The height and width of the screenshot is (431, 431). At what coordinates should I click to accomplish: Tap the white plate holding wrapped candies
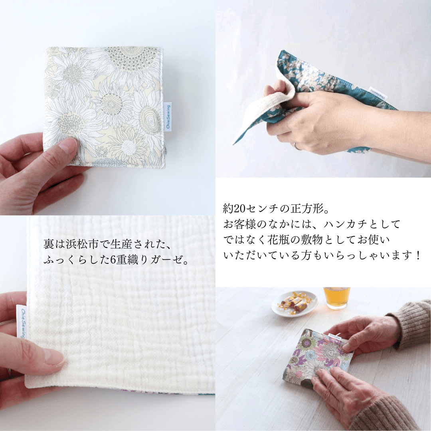point(295,304)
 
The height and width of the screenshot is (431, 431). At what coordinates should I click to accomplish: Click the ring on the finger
point(297,146)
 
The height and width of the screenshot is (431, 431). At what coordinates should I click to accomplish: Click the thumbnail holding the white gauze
point(54,358)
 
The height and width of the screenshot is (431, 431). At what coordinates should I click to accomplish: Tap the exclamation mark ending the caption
point(418,256)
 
